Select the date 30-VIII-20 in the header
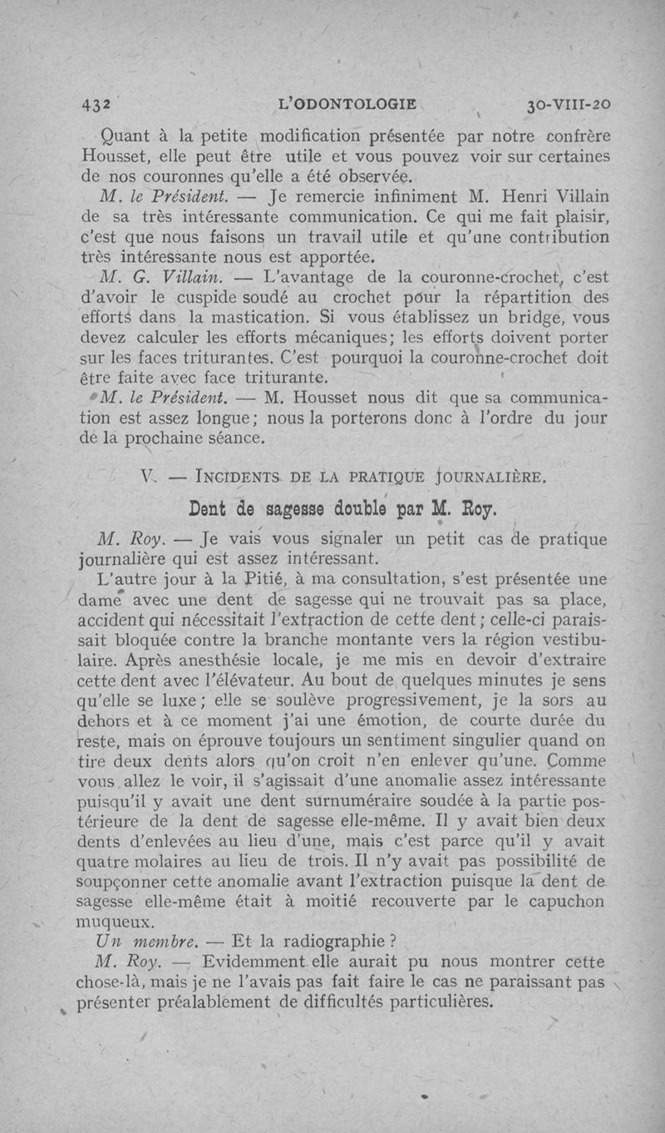pyautogui.click(x=569, y=106)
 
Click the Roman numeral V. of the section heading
pyautogui.click(x=150, y=477)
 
